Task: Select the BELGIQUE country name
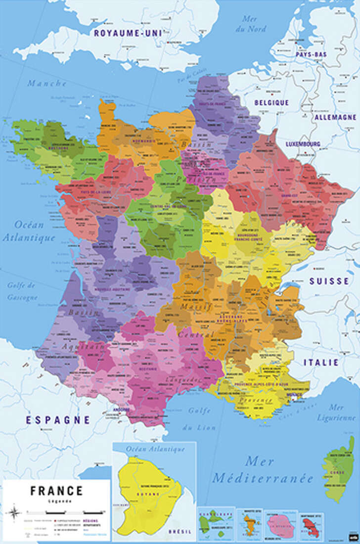pos(271,102)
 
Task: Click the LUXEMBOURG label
pos(303,144)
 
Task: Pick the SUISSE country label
pos(329,281)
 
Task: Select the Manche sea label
pos(47,84)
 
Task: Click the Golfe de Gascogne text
pos(22,291)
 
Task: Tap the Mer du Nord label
pos(255,23)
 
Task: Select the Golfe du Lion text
pos(199,418)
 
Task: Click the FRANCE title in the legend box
pos(56,491)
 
